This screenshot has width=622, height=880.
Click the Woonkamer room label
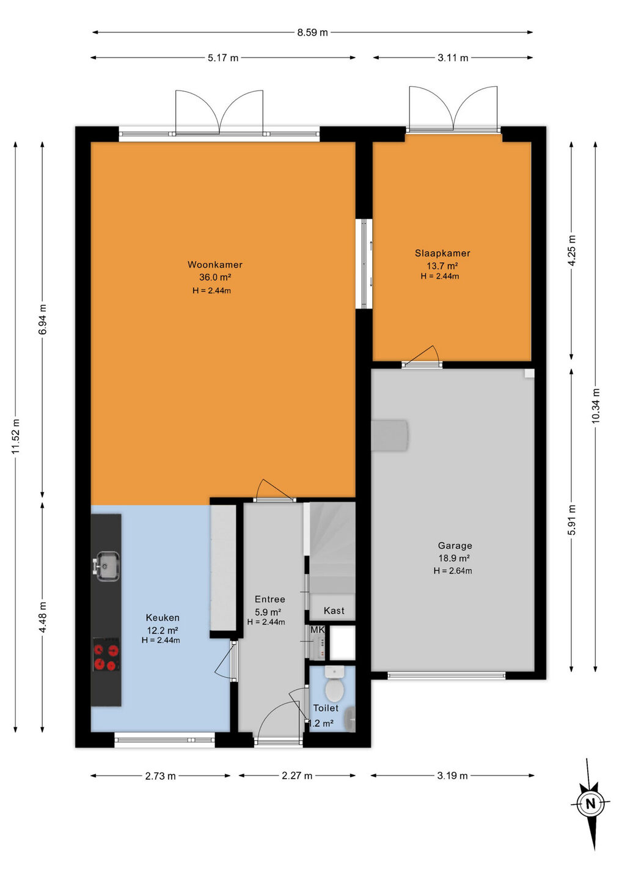(215, 265)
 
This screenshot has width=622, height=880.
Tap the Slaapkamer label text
(442, 254)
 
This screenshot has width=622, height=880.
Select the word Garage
(455, 546)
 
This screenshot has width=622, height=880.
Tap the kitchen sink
(106, 566)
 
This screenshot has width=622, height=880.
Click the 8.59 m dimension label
(312, 32)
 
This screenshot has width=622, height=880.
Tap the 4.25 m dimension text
(572, 251)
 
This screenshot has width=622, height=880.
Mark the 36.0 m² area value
(215, 277)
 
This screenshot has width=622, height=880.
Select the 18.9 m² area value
(455, 559)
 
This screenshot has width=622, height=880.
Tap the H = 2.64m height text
(453, 571)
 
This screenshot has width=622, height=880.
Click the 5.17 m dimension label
(223, 57)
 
